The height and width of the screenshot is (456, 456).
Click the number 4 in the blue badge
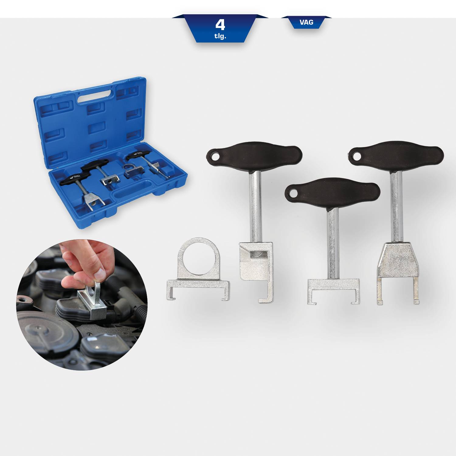click(220, 25)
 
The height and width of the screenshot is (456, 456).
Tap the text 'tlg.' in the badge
click(220, 37)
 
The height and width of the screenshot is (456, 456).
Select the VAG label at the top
click(306, 22)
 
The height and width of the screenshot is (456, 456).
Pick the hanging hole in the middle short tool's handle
click(293, 193)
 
